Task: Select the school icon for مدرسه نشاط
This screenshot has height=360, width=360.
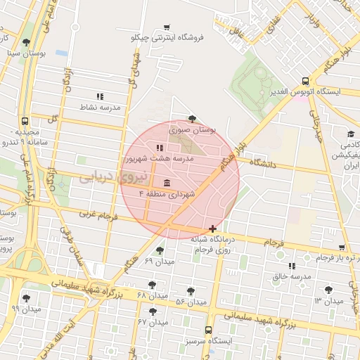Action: (x=99, y=96)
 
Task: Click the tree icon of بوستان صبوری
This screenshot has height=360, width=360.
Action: (x=192, y=119)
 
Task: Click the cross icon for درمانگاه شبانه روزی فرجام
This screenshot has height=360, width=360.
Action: (x=212, y=229)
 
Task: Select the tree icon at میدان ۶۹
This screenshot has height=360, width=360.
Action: (x=160, y=250)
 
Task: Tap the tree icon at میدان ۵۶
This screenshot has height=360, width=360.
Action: (x=191, y=290)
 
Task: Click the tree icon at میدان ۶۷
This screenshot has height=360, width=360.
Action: (x=153, y=311)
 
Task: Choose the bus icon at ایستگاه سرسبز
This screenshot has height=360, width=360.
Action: (x=208, y=330)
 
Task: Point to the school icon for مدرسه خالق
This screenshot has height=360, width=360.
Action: (x=291, y=266)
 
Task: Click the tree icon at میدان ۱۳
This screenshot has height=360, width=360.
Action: (x=328, y=290)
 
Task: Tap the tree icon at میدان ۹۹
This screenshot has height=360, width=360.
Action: (x=26, y=298)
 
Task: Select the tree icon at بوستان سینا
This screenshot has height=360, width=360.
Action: (x=26, y=42)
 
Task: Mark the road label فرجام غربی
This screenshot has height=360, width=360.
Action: (x=95, y=214)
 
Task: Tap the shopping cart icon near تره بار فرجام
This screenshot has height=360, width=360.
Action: (x=342, y=247)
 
